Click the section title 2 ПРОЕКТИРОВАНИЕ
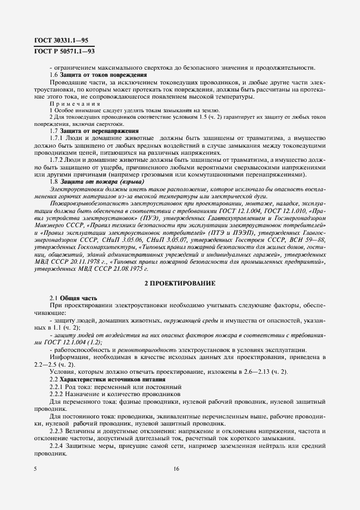pos(180,283)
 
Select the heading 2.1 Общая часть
pos(74,298)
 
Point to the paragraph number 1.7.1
pos(57,138)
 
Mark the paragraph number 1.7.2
pos(57,160)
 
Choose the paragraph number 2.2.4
pos(57,446)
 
